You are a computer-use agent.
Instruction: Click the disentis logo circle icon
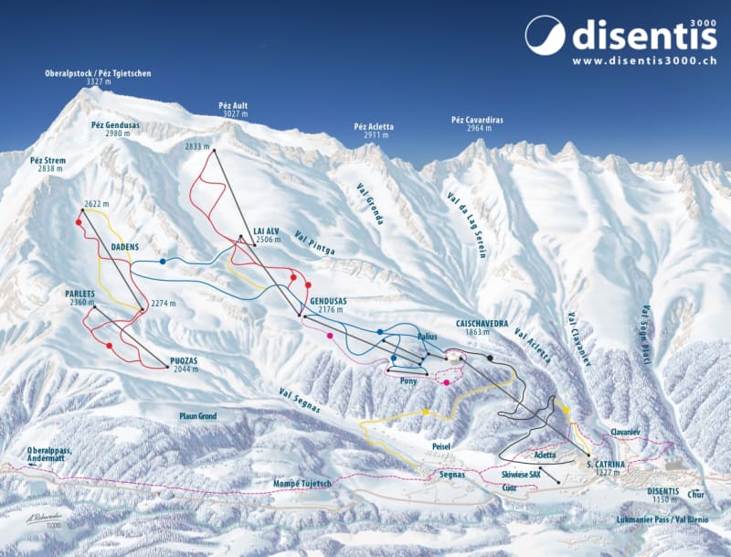[546, 36]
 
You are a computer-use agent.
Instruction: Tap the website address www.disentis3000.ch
[644, 61]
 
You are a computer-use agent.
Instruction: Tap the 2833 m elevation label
[197, 146]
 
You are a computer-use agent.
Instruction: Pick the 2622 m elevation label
[96, 203]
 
